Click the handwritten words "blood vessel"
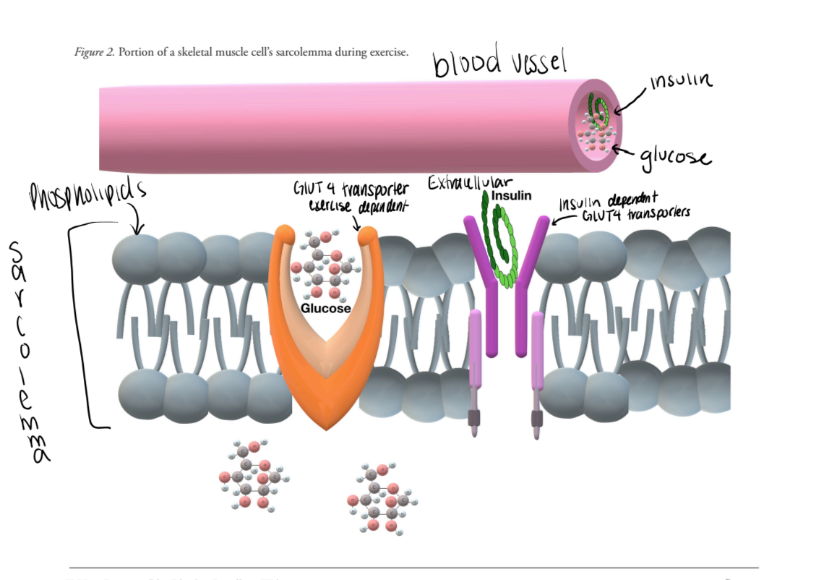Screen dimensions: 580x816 499,63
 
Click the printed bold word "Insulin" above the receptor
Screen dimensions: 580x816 511,195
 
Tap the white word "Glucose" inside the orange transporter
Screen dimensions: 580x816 325,308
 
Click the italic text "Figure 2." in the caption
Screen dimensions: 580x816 95,52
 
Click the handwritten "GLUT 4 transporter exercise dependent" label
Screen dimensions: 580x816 351,197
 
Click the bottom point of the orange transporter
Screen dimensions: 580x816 326,428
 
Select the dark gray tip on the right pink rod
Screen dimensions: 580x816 537,417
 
